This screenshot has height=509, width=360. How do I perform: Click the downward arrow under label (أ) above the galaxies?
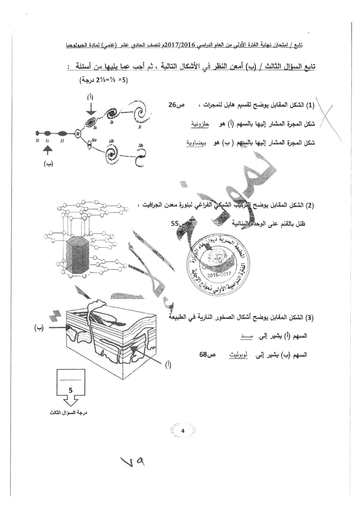click(91, 108)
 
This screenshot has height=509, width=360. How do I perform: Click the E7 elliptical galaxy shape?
click(62, 133)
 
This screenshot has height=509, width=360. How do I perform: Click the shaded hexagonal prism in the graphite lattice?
click(77, 256)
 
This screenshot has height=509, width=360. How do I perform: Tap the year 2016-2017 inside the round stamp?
click(217, 275)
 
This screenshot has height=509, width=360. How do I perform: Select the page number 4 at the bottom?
click(183, 431)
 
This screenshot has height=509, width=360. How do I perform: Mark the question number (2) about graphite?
click(310, 205)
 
